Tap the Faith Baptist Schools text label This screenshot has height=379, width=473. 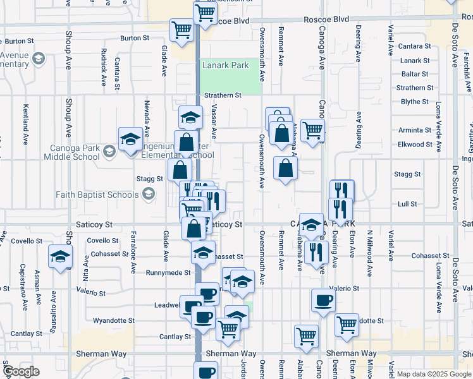click(x=97, y=195)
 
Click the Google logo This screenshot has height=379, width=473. click(x=21, y=371)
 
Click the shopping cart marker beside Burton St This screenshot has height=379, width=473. click(x=181, y=29)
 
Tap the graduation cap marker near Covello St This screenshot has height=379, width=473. click(x=60, y=256)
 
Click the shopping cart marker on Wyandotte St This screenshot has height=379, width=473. click(x=347, y=324)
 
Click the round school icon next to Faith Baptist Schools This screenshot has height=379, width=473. click(x=149, y=195)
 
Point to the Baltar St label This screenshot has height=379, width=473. click(x=415, y=74)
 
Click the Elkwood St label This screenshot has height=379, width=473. click(x=415, y=144)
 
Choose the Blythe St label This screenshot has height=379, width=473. click(x=415, y=102)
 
